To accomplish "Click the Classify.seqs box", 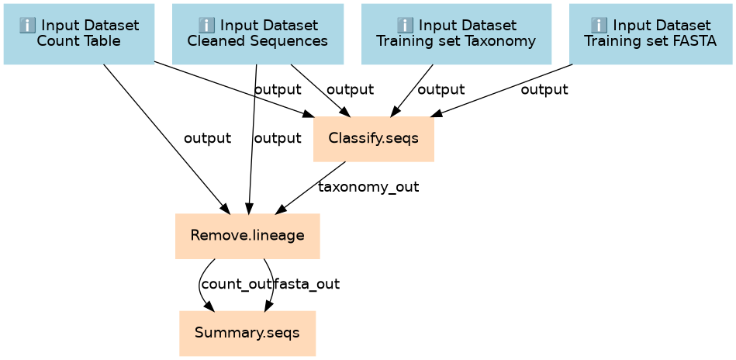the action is (374, 139).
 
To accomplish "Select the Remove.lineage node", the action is (247, 236).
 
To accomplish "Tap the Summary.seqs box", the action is (247, 334).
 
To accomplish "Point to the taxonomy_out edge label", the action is (368, 188).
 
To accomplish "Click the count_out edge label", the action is (236, 284).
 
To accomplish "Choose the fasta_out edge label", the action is (306, 284).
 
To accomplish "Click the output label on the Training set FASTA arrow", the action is (544, 89).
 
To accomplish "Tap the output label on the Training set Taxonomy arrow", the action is (441, 89).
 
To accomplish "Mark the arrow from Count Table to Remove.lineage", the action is (165, 139).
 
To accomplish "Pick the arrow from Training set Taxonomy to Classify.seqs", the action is (412, 90).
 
